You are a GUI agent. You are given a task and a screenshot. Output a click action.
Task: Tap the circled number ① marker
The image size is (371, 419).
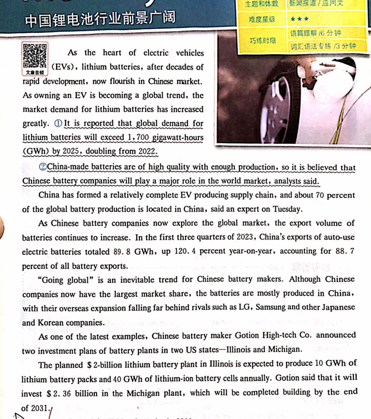(x=58, y=123)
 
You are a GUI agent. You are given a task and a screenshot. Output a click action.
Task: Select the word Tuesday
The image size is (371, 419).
(x=290, y=210)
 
